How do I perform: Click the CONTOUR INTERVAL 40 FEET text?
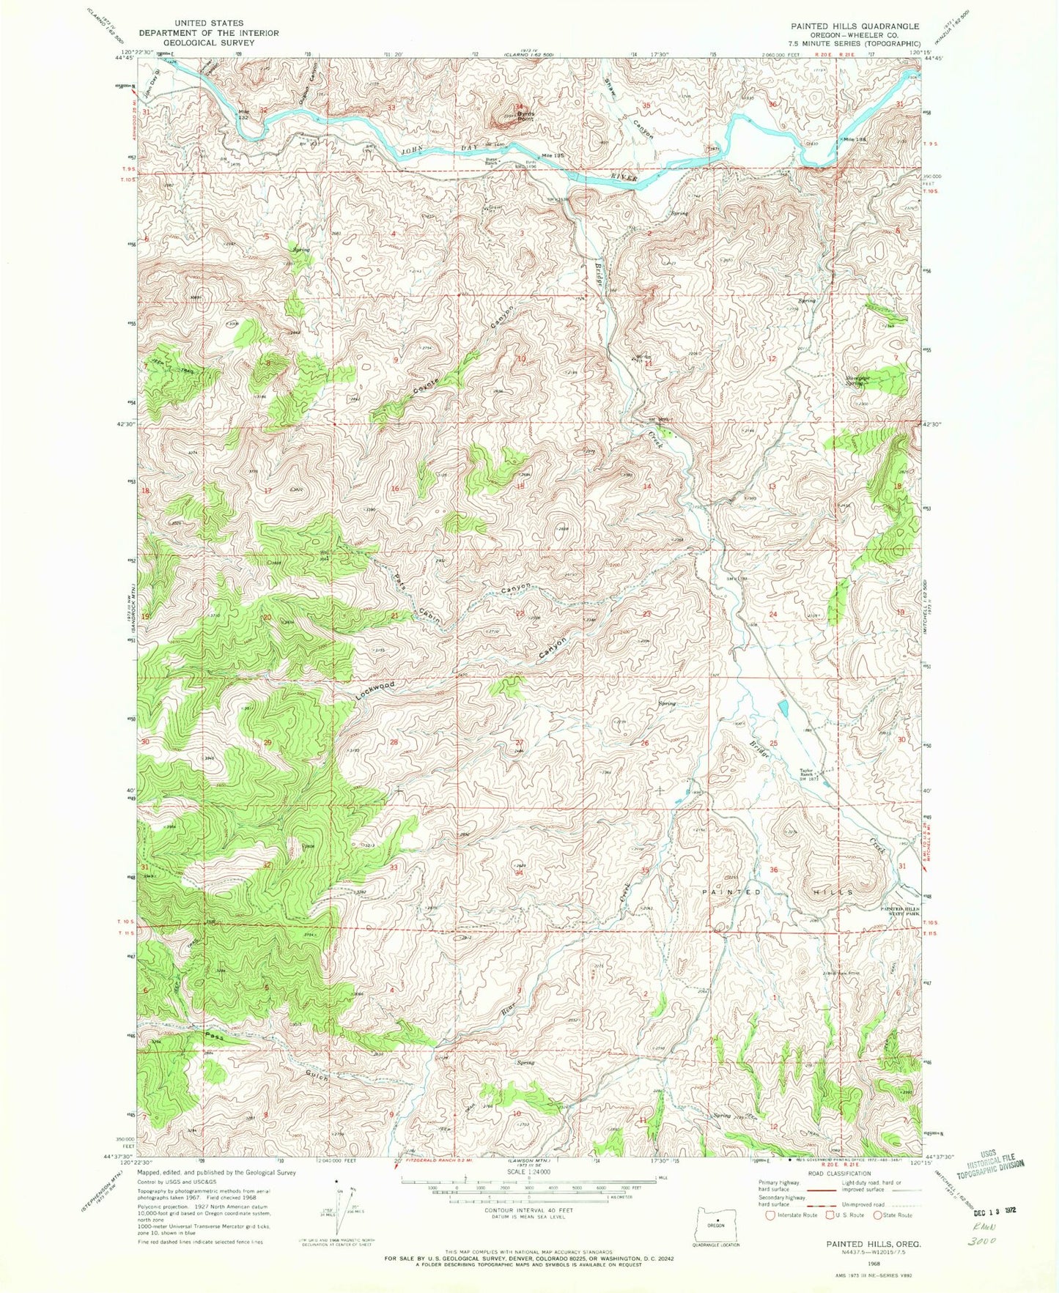(x=529, y=1212)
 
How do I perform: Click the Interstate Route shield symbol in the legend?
(x=770, y=1215)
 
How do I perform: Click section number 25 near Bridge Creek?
(x=772, y=744)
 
